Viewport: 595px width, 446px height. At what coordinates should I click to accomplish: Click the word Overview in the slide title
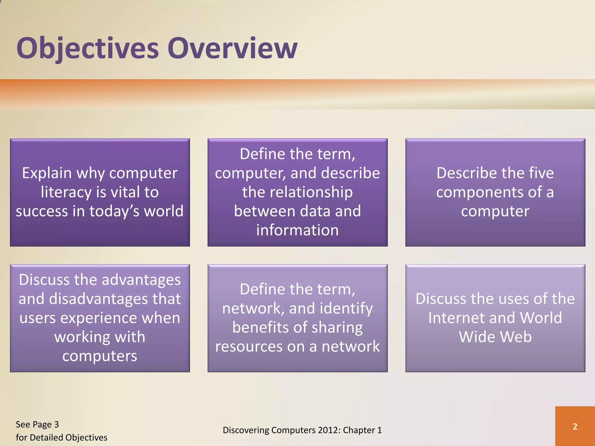pos(232,48)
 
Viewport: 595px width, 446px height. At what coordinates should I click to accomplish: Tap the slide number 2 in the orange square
pos(575,427)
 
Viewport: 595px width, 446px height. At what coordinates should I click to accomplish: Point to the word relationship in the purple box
pos(297,193)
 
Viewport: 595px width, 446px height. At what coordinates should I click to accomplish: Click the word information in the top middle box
pos(297,230)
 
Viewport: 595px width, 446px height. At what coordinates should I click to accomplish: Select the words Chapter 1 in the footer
pos(362,430)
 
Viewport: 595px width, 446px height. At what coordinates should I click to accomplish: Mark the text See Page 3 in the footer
pos(37,425)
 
